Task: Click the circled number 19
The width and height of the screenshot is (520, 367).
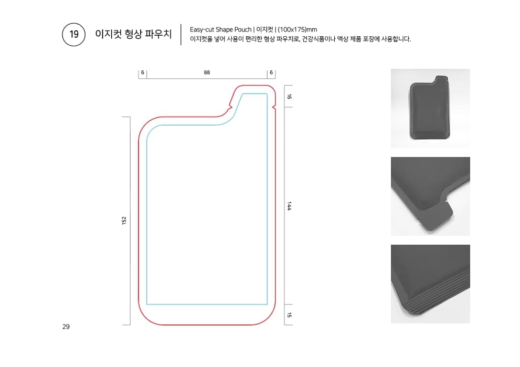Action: pyautogui.click(x=73, y=34)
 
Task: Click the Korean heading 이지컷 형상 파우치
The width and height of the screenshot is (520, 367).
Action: pyautogui.click(x=133, y=34)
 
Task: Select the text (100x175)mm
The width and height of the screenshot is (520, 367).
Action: pyautogui.click(x=297, y=29)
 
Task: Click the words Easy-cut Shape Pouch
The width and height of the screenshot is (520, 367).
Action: pyautogui.click(x=220, y=29)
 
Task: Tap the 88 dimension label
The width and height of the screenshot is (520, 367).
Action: pyautogui.click(x=207, y=72)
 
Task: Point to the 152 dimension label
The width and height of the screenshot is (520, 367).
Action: pyautogui.click(x=124, y=221)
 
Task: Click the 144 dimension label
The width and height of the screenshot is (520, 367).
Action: pyautogui.click(x=289, y=206)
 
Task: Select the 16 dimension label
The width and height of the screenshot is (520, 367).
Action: pyautogui.click(x=289, y=97)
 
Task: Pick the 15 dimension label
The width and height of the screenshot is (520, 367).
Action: pyautogui.click(x=289, y=314)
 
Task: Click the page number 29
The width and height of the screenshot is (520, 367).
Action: pyautogui.click(x=66, y=327)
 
